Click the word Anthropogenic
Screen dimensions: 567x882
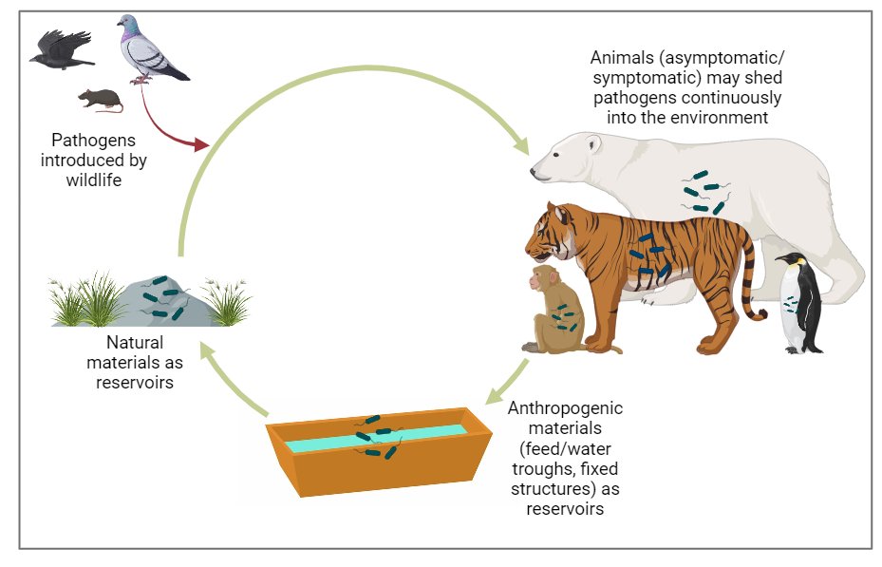[566, 408]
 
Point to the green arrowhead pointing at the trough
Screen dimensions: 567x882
[494, 394]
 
